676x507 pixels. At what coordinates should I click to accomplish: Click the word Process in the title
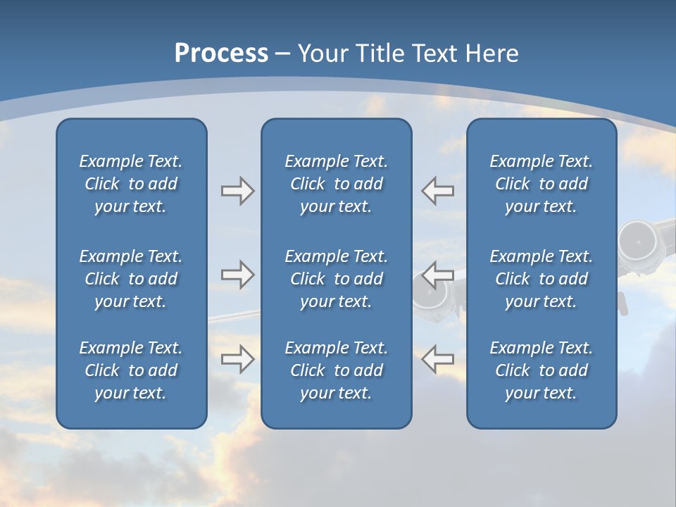(221, 54)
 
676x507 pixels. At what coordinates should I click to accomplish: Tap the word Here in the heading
(492, 54)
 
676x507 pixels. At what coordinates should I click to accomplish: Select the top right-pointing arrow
(237, 191)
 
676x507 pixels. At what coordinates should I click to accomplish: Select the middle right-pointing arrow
(237, 275)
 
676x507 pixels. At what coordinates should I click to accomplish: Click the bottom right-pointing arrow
(237, 358)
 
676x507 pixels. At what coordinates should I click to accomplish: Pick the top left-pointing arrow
(437, 191)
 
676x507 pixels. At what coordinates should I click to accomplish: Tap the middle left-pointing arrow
(437, 275)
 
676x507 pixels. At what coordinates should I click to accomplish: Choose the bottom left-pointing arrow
(437, 358)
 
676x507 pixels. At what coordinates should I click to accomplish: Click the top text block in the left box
(131, 184)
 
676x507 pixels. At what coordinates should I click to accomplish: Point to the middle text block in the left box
(131, 279)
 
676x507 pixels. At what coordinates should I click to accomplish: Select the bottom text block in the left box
(131, 370)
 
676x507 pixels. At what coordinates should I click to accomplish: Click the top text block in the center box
(337, 184)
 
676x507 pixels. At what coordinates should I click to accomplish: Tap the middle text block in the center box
(337, 279)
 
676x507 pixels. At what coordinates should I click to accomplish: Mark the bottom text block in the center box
(337, 370)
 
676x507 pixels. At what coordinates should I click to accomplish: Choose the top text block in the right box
(542, 184)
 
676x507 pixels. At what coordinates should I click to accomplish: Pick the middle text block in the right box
(542, 279)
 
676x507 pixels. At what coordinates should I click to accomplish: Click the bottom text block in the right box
(542, 370)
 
